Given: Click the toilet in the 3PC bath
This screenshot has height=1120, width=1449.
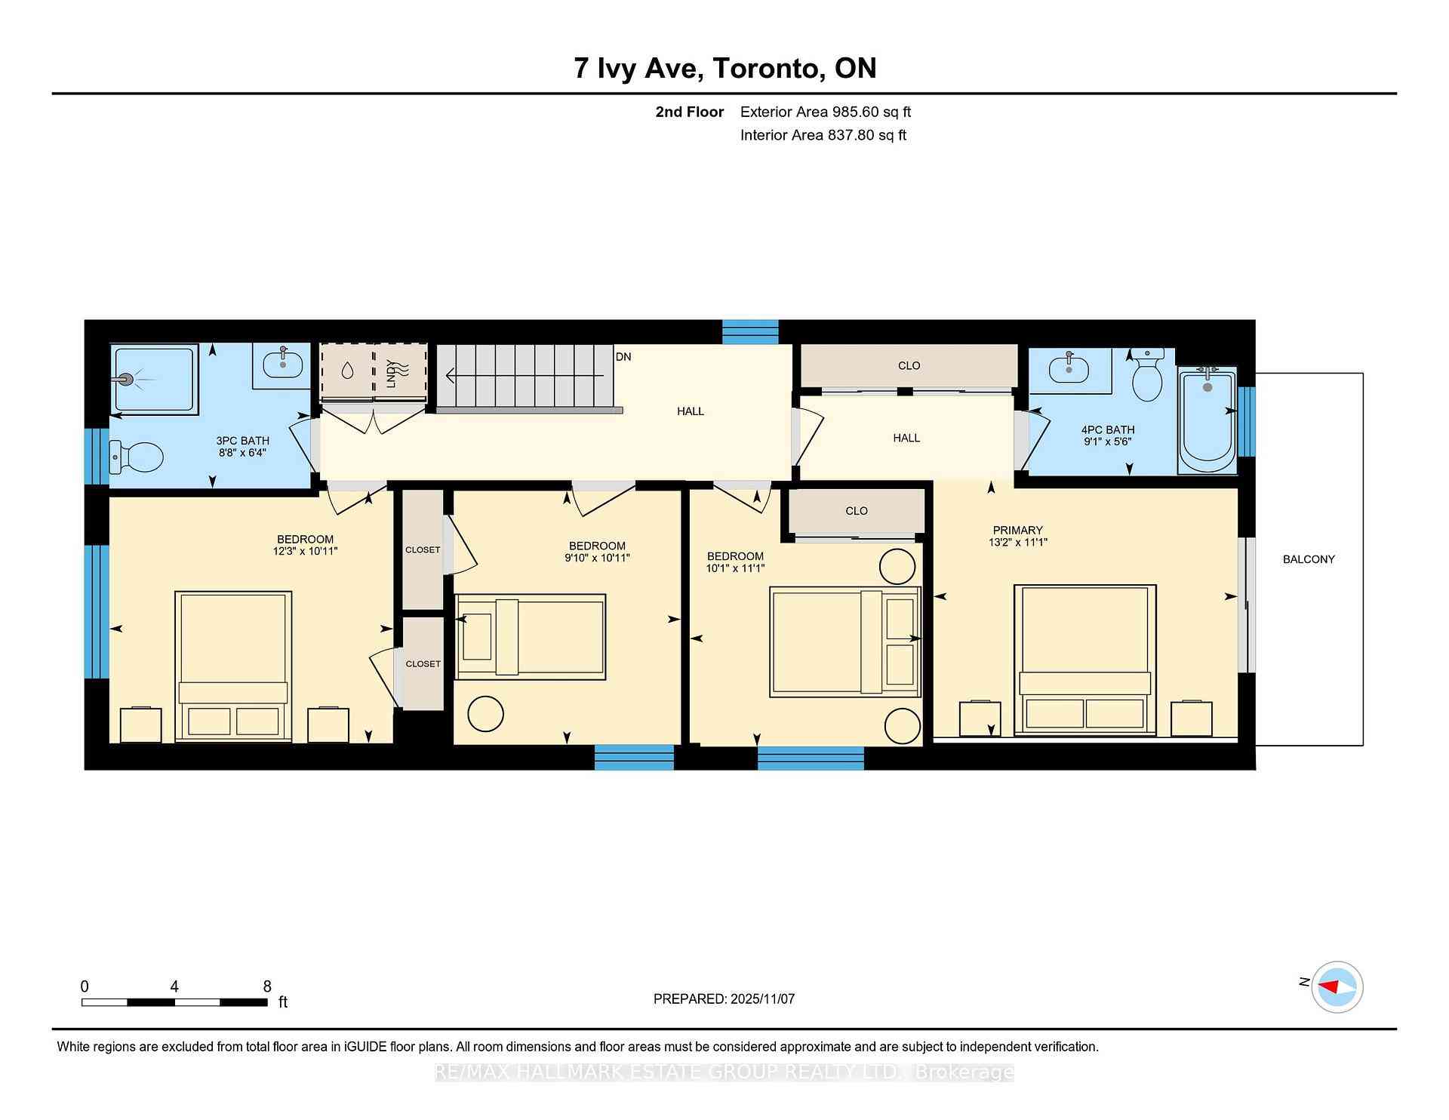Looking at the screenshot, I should click(137, 457).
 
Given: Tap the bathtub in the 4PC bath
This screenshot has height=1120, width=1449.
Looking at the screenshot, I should click(1207, 420).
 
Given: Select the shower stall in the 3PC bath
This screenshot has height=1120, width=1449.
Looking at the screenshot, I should click(155, 379).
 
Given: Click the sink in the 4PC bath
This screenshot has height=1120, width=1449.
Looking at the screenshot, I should click(1069, 370).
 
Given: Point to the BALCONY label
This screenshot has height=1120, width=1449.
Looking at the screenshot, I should click(1309, 559).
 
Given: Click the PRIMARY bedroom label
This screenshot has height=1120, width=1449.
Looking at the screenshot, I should click(1017, 530).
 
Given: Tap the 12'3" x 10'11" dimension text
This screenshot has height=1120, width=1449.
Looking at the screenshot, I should click(305, 552).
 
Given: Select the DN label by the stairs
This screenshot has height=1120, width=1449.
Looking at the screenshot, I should click(623, 357).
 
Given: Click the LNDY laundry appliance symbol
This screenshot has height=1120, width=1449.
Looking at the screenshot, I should click(401, 371).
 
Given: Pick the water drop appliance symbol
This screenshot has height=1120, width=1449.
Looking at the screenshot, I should click(347, 371).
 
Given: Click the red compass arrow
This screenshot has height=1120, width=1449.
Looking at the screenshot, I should click(1329, 986).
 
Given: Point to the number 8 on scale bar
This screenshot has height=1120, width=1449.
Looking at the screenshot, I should click(267, 986).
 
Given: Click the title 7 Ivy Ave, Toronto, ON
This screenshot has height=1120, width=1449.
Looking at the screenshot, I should click(724, 69).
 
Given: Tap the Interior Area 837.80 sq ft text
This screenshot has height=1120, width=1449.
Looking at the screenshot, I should click(823, 135).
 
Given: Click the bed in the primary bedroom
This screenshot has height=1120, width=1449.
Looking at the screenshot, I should click(1085, 658).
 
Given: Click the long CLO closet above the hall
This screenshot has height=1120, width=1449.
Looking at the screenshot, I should click(909, 366).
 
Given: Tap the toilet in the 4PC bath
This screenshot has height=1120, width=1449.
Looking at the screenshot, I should click(1148, 377).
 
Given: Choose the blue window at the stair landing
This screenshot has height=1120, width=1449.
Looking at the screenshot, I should click(750, 331).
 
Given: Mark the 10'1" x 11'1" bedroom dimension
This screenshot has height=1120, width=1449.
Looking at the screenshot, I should click(735, 568).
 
